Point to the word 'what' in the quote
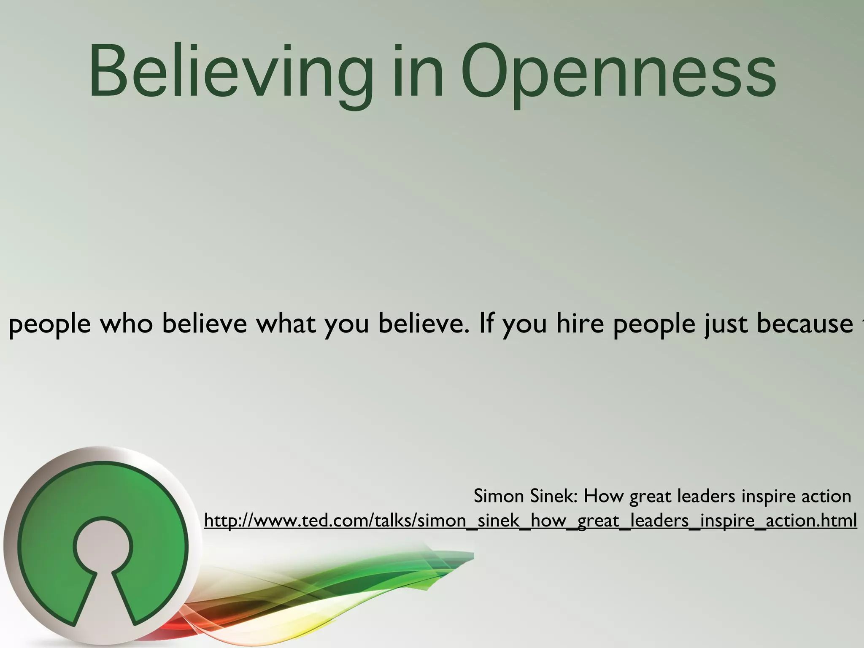point(286,324)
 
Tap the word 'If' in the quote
point(486,324)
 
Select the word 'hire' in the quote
point(580,324)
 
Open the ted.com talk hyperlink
point(530,521)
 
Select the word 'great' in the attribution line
point(650,496)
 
